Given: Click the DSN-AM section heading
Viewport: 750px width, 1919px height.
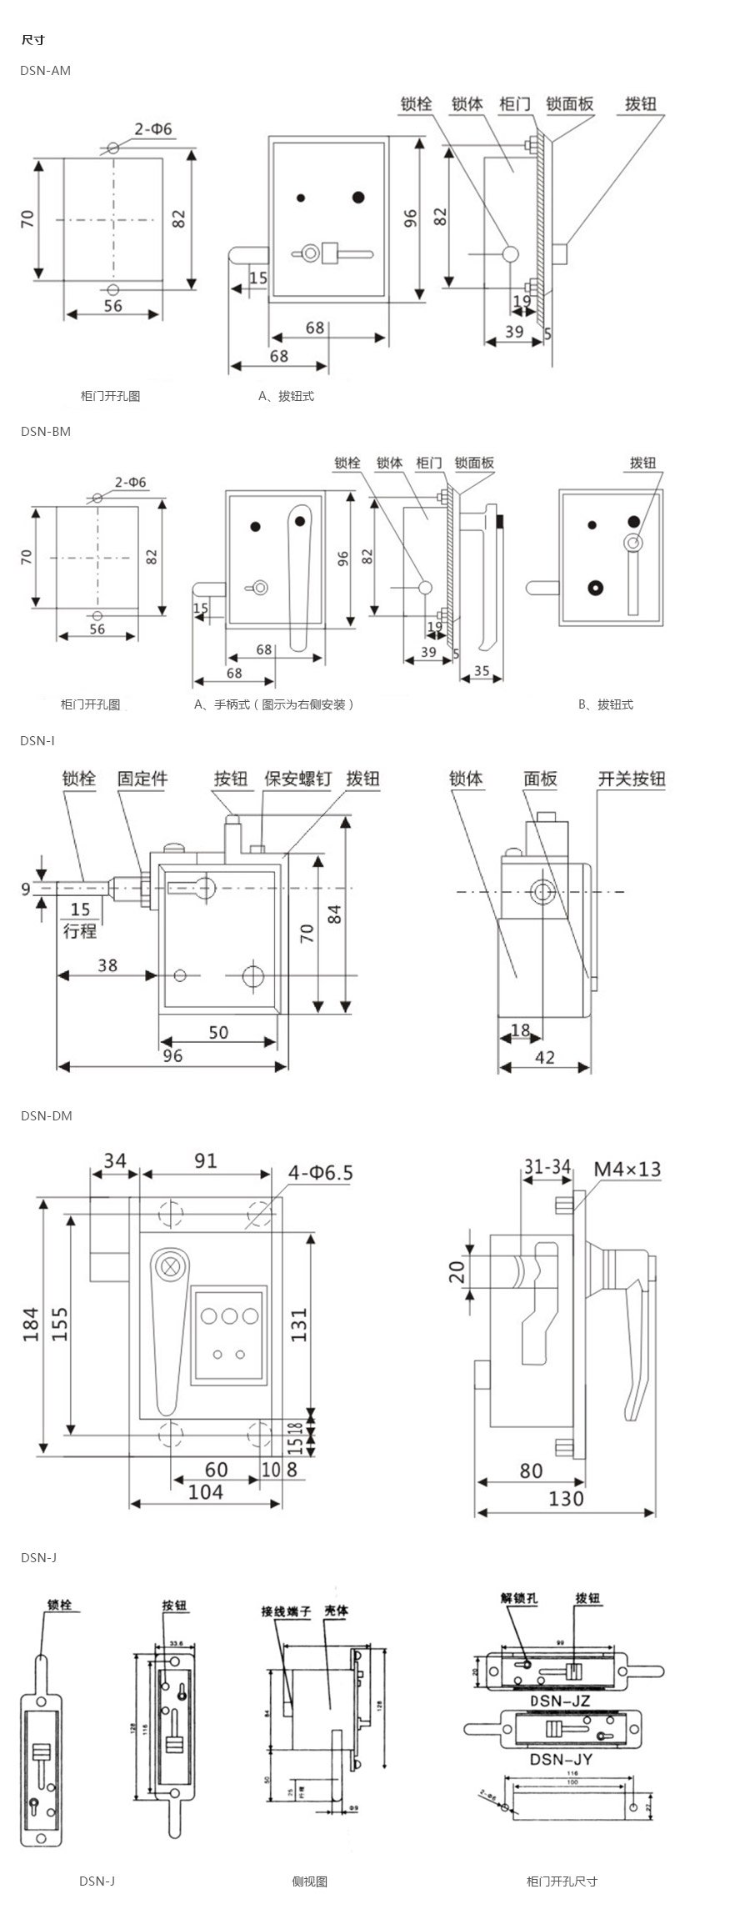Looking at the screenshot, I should click(46, 71).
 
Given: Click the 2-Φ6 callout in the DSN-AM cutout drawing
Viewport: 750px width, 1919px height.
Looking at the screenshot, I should click(153, 129).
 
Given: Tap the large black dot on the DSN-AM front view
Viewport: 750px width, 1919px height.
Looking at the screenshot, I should click(358, 198).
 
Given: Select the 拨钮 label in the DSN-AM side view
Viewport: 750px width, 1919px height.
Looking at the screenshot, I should click(641, 104).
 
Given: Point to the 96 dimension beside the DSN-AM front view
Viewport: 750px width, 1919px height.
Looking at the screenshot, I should click(411, 218).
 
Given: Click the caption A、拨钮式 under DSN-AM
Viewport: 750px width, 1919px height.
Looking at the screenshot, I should click(286, 396).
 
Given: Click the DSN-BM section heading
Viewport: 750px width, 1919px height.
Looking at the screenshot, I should click(46, 432).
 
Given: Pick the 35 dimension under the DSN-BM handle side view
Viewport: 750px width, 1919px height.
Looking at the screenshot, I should click(482, 670).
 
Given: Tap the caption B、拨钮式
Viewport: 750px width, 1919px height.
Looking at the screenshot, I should click(606, 704).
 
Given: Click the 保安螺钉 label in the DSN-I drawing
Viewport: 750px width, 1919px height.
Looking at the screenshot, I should click(297, 779).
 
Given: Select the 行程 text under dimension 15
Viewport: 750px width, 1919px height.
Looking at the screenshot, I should click(80, 930).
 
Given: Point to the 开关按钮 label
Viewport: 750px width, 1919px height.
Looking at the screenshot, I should click(632, 779).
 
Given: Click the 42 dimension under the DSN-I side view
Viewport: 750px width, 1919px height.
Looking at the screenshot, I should click(545, 1057).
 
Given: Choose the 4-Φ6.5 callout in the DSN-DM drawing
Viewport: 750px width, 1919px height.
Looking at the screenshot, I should click(321, 1173).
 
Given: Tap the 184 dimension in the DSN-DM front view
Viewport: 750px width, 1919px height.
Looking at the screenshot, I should click(31, 1324).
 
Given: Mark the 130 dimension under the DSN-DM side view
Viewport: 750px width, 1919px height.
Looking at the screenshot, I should click(566, 1498).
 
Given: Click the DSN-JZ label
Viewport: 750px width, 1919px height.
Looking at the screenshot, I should click(560, 1699).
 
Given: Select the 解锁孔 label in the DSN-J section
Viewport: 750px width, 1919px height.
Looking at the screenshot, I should click(519, 1598).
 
